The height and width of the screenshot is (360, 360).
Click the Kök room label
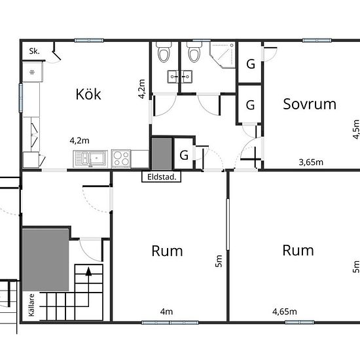tap(88, 94)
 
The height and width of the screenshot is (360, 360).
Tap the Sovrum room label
tap(310, 104)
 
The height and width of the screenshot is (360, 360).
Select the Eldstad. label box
tap(161, 177)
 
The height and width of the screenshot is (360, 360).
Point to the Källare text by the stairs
tap(31, 305)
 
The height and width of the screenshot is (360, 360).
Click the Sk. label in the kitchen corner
tap(34, 51)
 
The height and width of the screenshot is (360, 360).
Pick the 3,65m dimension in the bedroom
tap(311, 162)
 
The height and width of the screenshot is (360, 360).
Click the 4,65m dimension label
tap(285, 312)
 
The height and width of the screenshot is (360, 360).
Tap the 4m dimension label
tap(166, 312)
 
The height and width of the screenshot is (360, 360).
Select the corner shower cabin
tap(223, 55)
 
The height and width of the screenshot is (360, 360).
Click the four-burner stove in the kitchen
tap(121, 158)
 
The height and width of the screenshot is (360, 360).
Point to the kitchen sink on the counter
tap(90, 158)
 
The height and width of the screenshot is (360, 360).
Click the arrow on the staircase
tap(88, 272)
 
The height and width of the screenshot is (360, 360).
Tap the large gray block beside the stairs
tap(45, 260)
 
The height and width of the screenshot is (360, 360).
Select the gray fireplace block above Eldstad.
tap(162, 154)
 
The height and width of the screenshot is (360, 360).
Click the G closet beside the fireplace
tap(184, 155)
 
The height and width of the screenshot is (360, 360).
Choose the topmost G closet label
tap(251, 64)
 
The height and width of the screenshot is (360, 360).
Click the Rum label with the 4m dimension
tap(167, 251)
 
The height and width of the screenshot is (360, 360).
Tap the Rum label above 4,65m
tap(298, 250)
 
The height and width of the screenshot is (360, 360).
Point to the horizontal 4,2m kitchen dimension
tap(79, 141)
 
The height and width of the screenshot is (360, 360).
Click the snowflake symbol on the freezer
tap(32, 73)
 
